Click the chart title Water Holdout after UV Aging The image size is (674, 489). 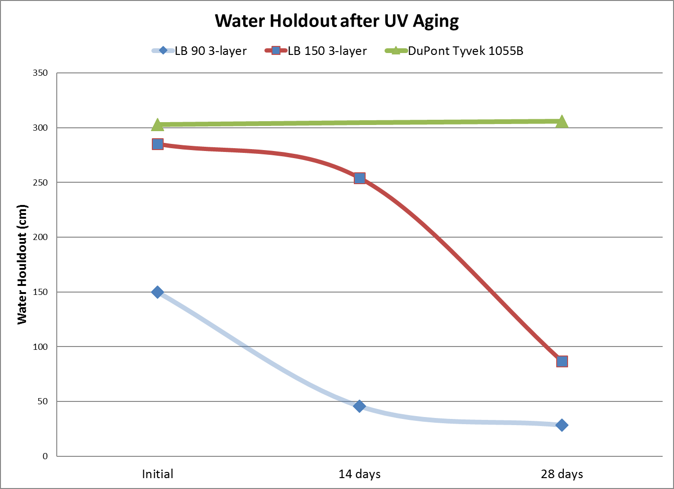click(x=337, y=21)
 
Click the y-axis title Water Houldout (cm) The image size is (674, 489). click(x=22, y=264)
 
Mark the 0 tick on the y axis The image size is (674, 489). click(x=45, y=456)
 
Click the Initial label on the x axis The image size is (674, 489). click(x=158, y=474)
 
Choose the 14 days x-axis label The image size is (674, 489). click(x=359, y=474)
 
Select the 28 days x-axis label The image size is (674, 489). click(x=562, y=474)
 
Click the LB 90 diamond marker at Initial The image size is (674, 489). click(x=158, y=292)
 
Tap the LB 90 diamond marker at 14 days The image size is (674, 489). click(x=359, y=406)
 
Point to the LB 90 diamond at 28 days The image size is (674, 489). click(x=562, y=425)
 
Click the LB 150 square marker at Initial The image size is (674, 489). click(x=158, y=144)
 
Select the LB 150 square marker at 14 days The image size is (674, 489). click(x=359, y=178)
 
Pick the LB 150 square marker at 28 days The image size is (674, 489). click(x=562, y=362)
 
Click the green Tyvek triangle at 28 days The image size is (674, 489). click(x=562, y=122)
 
